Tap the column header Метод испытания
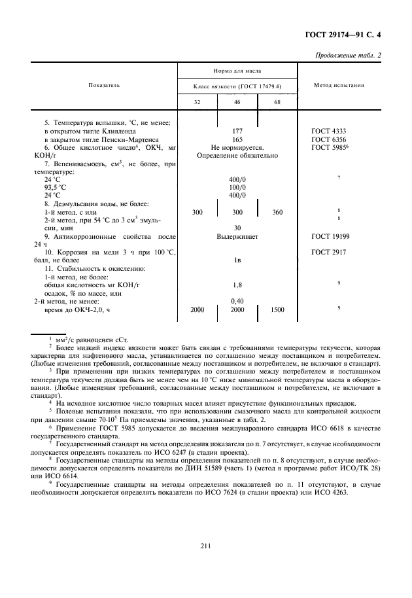point(339,85)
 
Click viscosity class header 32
point(197,102)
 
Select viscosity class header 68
point(277,102)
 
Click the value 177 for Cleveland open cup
point(237,131)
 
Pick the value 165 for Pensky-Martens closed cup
point(237,139)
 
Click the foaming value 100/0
point(237,186)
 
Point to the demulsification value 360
point(277,211)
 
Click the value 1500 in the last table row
point(277,309)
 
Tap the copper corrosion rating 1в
point(237,260)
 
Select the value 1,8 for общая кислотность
point(237,285)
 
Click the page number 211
point(205,544)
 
